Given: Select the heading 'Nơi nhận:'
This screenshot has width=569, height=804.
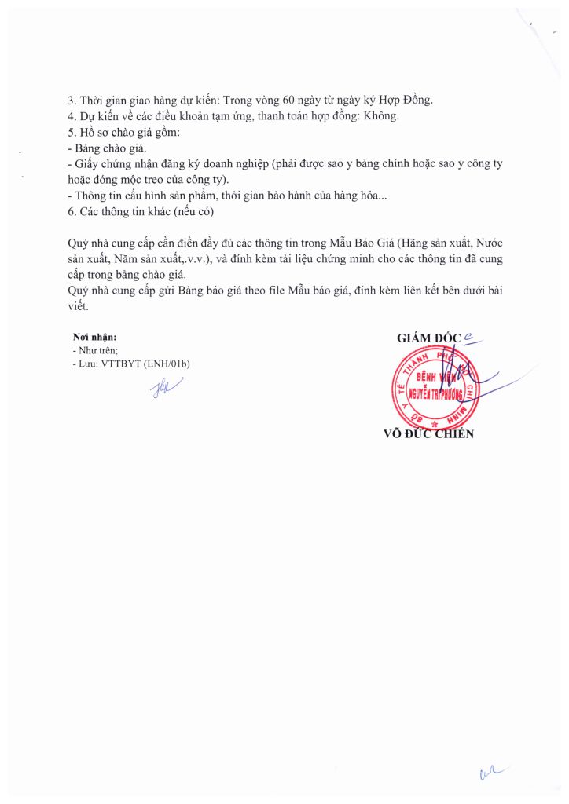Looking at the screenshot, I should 94,338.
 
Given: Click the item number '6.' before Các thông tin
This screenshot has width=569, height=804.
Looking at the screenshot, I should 73,211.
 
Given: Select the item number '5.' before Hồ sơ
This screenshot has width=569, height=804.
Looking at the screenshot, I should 73,132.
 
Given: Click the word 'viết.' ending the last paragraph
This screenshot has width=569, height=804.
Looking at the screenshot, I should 79,305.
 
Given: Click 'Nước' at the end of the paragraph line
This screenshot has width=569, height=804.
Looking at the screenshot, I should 487,243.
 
